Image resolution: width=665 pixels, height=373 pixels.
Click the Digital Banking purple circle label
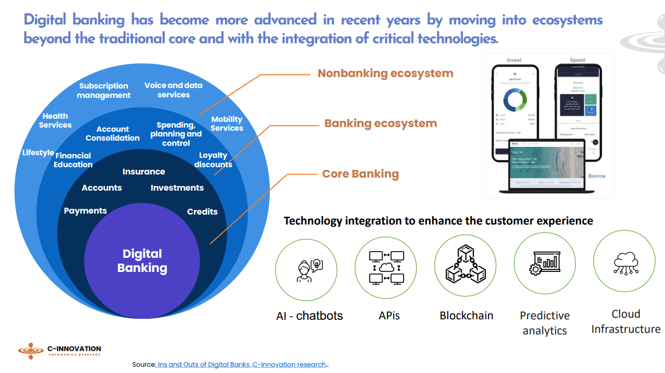pyautogui.click(x=142, y=261)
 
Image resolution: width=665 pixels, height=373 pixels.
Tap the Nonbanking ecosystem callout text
pyautogui.click(x=385, y=73)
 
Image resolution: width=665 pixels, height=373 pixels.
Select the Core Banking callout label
pyautogui.click(x=360, y=174)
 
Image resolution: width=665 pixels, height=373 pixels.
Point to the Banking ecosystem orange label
pyautogui.click(x=380, y=123)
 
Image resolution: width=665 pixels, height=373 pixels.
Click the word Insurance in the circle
pyautogui.click(x=144, y=171)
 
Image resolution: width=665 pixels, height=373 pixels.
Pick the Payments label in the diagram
pyautogui.click(x=85, y=211)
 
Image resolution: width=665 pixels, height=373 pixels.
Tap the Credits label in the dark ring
pyautogui.click(x=202, y=212)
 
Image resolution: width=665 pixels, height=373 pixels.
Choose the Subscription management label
pyautogui.click(x=104, y=91)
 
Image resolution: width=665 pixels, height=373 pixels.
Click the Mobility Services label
pyautogui.click(x=227, y=124)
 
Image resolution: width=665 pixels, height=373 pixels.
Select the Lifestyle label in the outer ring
pyautogui.click(x=38, y=153)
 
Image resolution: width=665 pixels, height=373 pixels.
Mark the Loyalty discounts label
pyautogui.click(x=213, y=160)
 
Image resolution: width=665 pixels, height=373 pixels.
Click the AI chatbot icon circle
pyautogui.click(x=306, y=267)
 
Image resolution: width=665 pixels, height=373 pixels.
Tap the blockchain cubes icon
pyautogui.click(x=465, y=266)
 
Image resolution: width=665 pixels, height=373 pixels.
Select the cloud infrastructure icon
pyautogui.click(x=624, y=261)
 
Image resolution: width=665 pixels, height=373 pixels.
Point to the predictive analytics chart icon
pyautogui.click(x=544, y=263)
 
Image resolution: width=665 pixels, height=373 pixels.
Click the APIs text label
pyautogui.click(x=389, y=315)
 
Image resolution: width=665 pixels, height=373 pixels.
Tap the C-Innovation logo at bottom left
pyautogui.click(x=59, y=351)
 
